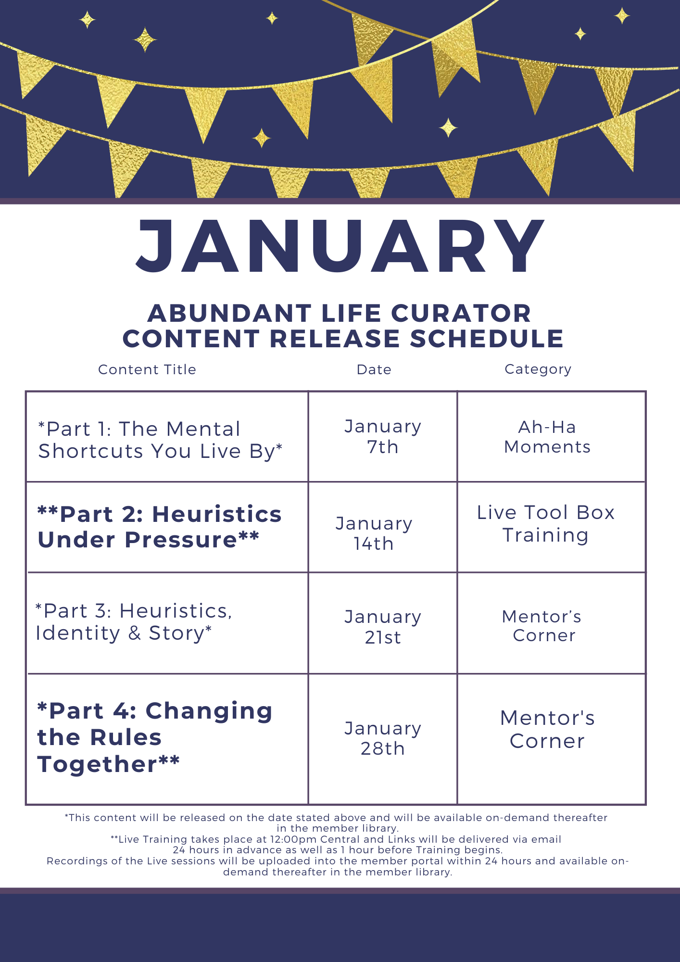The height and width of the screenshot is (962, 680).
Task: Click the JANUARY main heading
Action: click(340, 246)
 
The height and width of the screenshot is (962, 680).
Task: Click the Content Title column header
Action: click(147, 369)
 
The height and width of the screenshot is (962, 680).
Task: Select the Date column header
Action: click(374, 369)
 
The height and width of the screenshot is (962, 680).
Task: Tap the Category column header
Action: click(538, 369)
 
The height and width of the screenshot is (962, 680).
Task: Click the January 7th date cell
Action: click(383, 436)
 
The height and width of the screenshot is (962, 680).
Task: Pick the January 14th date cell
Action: click(374, 533)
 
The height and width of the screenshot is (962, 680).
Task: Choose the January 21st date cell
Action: click(383, 627)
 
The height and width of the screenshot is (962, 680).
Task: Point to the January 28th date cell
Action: click(383, 738)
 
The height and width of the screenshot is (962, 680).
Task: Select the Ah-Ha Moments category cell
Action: click(547, 437)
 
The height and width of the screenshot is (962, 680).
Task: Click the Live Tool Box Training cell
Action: click(546, 524)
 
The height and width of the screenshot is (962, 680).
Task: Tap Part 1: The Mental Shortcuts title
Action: click(160, 440)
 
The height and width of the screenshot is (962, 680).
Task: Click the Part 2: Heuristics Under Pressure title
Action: click(160, 527)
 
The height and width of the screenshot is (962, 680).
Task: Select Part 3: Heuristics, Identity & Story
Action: click(134, 622)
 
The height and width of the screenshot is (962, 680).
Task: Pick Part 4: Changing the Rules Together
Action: click(155, 737)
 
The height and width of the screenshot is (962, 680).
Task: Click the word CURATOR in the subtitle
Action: click(461, 313)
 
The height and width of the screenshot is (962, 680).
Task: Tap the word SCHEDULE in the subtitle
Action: click(487, 339)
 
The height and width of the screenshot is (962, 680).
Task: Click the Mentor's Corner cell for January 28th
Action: click(547, 730)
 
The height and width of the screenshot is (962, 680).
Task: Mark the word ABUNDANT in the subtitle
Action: click(229, 313)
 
